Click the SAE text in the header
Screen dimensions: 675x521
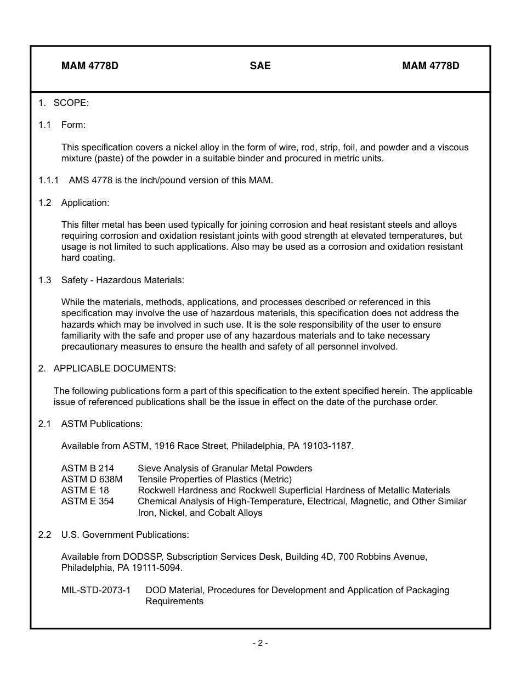point(260,66)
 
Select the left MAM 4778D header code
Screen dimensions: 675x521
point(90,66)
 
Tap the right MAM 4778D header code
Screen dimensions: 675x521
point(431,66)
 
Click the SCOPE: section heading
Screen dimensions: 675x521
point(71,103)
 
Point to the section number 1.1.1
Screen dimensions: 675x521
point(49,180)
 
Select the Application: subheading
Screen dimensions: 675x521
point(85,203)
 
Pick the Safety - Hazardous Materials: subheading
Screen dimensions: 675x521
point(122,280)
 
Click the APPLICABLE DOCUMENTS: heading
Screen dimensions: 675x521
point(115,368)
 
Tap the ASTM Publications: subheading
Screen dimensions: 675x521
point(101,424)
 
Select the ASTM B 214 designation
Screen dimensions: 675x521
point(87,468)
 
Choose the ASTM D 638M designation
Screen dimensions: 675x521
point(92,479)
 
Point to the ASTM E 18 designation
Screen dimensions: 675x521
point(85,490)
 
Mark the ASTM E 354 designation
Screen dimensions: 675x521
point(87,501)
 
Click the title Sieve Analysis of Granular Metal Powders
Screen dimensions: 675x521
point(225,468)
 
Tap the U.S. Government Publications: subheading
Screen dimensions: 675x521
point(125,535)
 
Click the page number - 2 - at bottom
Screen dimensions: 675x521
point(260,643)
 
